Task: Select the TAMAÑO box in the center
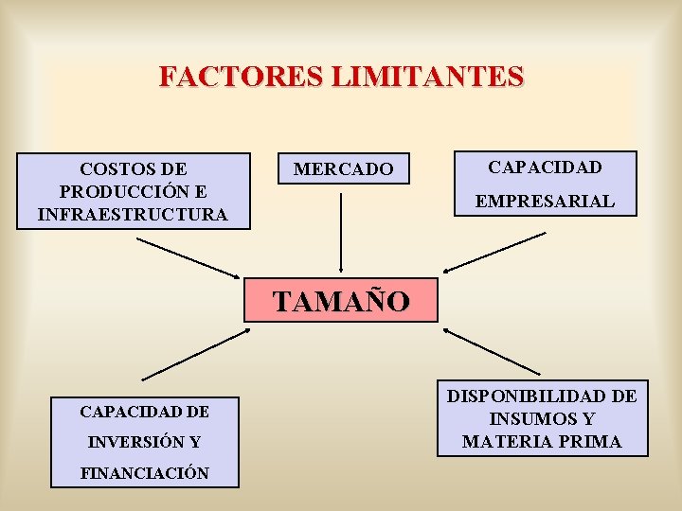click(342, 301)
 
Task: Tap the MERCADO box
click(343, 169)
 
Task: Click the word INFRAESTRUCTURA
click(133, 215)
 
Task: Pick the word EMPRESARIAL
click(545, 202)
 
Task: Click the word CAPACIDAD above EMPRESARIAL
click(545, 167)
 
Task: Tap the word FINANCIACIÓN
click(144, 472)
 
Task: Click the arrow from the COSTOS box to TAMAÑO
click(189, 256)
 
